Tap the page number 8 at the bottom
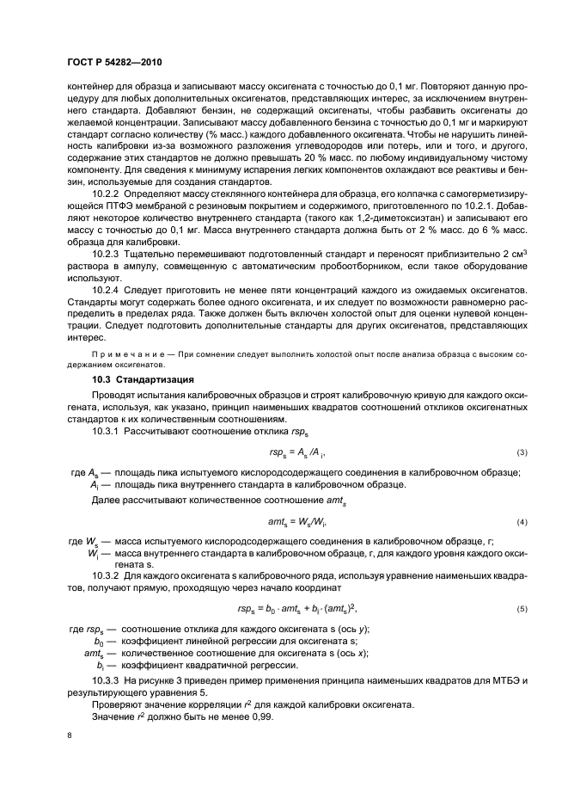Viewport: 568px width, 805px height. (70, 736)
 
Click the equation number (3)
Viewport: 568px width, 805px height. (521, 452)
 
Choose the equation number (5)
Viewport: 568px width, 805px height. (521, 609)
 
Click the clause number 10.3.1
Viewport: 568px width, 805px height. (107, 430)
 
